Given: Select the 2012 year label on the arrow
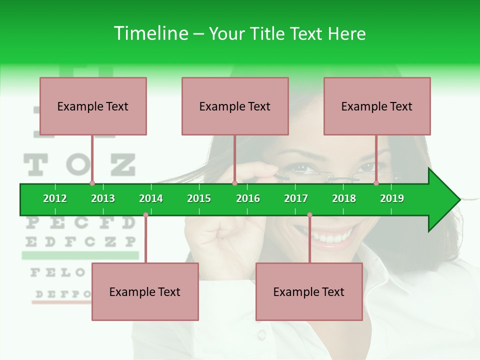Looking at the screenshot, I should coord(55,198).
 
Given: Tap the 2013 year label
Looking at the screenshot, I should coord(103,198).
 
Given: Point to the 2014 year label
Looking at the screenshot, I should coord(151,198).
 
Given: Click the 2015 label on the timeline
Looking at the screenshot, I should coord(199,198).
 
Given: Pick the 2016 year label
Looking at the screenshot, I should coord(248,198).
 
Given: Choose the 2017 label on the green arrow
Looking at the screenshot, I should coord(296,198).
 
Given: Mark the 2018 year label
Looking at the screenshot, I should coord(344,198).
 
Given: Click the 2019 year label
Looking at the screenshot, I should coord(392,198).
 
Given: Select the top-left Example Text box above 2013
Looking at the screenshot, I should coord(93,106).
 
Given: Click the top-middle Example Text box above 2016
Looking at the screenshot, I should coord(235,106).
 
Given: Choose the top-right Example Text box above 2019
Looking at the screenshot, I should coord(377,106).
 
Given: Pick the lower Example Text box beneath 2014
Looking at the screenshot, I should coord(145,292).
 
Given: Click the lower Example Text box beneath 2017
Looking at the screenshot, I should coord(309,292).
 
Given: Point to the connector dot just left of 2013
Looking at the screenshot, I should coord(92,183).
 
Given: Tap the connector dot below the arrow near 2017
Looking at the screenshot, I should coord(309,215).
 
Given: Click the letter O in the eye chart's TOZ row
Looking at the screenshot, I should coord(78,165).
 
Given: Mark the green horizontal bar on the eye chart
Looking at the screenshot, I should coord(80,255).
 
